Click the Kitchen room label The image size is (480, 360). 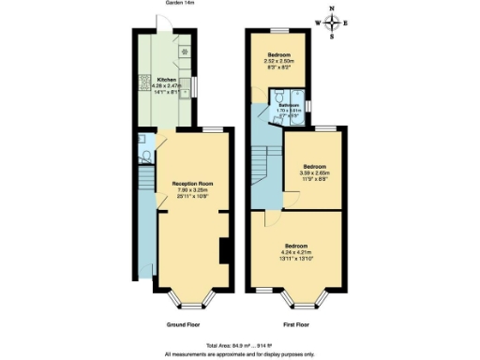(165, 79)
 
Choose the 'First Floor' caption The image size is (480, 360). (296, 324)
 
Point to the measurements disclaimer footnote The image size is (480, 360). (240, 353)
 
